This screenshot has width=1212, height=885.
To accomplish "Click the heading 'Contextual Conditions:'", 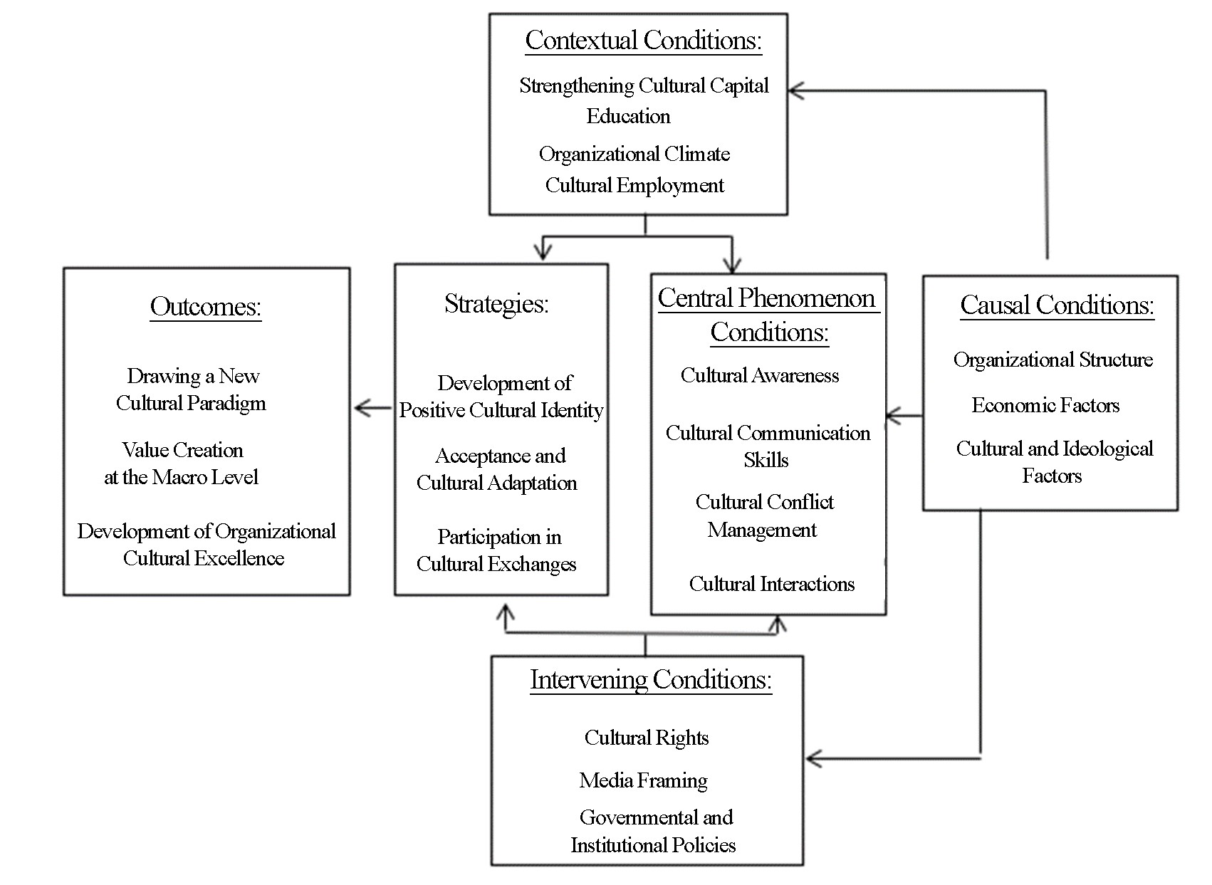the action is [x=643, y=41].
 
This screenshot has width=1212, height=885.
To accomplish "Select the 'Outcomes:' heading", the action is [x=206, y=308].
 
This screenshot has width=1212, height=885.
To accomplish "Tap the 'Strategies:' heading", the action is [x=496, y=303].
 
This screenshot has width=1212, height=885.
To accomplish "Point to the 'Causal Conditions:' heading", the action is [x=1057, y=305].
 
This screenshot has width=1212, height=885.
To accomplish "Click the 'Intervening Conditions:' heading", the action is [x=651, y=680].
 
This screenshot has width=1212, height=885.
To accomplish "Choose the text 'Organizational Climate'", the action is [x=634, y=155].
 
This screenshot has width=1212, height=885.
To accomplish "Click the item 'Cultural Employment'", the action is [x=634, y=186].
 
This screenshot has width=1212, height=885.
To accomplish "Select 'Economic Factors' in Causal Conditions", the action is [x=1045, y=405].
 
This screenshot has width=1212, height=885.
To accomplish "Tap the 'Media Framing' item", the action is [x=643, y=780].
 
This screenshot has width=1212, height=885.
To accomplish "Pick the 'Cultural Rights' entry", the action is [x=647, y=738].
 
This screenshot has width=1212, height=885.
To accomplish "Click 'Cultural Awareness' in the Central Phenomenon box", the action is [x=760, y=375].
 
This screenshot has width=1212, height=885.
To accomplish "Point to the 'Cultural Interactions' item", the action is [x=772, y=585].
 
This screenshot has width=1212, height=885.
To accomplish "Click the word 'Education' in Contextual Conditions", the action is [x=628, y=116].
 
